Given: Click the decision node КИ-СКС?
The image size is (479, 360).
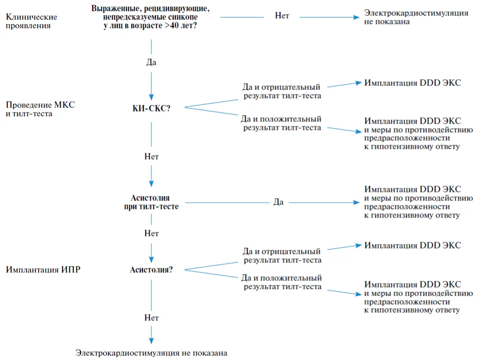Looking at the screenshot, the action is [151, 108].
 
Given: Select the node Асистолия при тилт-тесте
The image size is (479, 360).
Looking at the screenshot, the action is [151, 202].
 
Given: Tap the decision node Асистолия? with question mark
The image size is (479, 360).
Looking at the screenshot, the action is [151, 270].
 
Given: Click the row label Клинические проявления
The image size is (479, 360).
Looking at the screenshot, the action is [31, 21].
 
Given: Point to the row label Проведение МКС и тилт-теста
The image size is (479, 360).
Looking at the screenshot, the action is [40, 109].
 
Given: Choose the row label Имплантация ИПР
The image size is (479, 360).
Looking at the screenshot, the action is [43, 270].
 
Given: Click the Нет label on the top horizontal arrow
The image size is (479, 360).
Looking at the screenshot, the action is [282, 16].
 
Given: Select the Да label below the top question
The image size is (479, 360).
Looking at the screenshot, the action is [151, 62].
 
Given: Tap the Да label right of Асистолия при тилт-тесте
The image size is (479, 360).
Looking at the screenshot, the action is [278, 202].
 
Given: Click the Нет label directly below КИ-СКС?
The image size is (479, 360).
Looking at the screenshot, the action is [152, 157].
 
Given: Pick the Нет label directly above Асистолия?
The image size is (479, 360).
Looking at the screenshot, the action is [152, 234].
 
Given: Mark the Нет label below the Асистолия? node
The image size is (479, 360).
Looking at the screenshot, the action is [152, 318].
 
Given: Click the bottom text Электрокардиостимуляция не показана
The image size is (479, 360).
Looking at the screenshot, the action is [151, 353].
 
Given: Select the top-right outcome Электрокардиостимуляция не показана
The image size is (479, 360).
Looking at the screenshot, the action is [416, 17].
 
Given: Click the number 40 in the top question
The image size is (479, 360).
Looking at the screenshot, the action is [175, 25].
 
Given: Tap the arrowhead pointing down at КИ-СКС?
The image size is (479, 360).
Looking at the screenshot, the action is [151, 98].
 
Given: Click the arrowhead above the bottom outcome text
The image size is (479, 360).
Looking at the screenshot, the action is [151, 341].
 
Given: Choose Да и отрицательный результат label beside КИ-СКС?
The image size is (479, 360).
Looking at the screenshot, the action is [282, 91].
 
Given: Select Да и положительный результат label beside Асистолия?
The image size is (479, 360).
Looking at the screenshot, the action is [282, 282].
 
